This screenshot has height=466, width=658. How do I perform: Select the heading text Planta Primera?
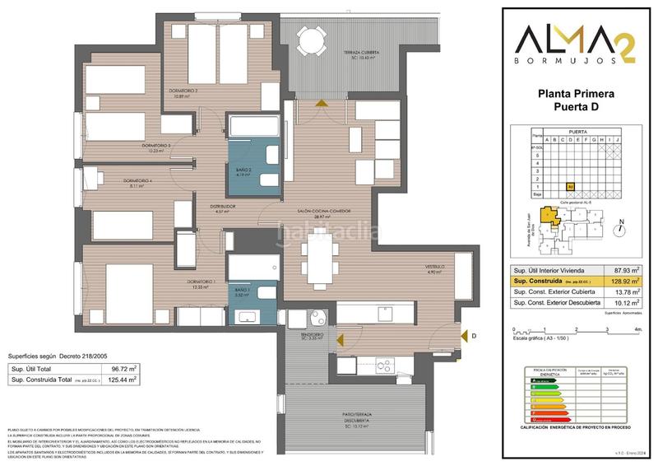pyautogui.click(x=576, y=95)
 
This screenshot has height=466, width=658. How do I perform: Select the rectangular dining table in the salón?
pyautogui.click(x=318, y=254)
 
